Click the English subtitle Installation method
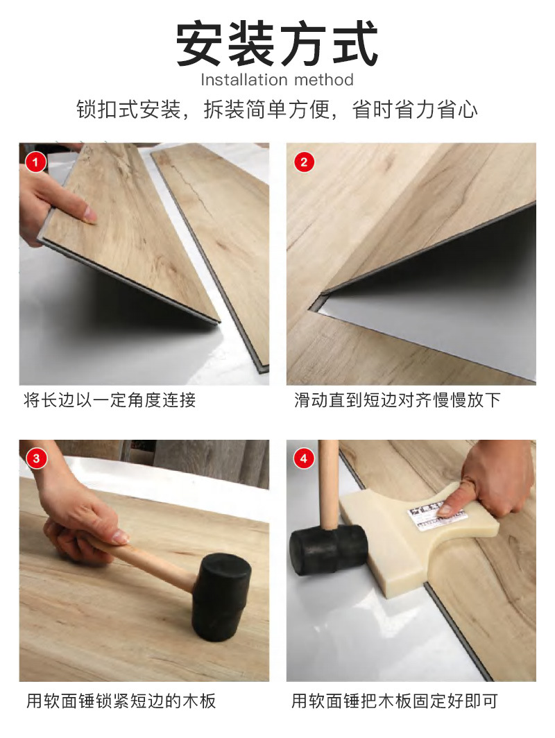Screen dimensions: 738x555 (x=277, y=80)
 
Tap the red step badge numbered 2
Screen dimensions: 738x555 (x=304, y=163)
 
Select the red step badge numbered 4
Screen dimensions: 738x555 (x=304, y=458)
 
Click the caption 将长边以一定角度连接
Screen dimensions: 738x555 (x=110, y=400)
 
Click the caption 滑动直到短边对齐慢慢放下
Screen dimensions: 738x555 (x=397, y=400)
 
